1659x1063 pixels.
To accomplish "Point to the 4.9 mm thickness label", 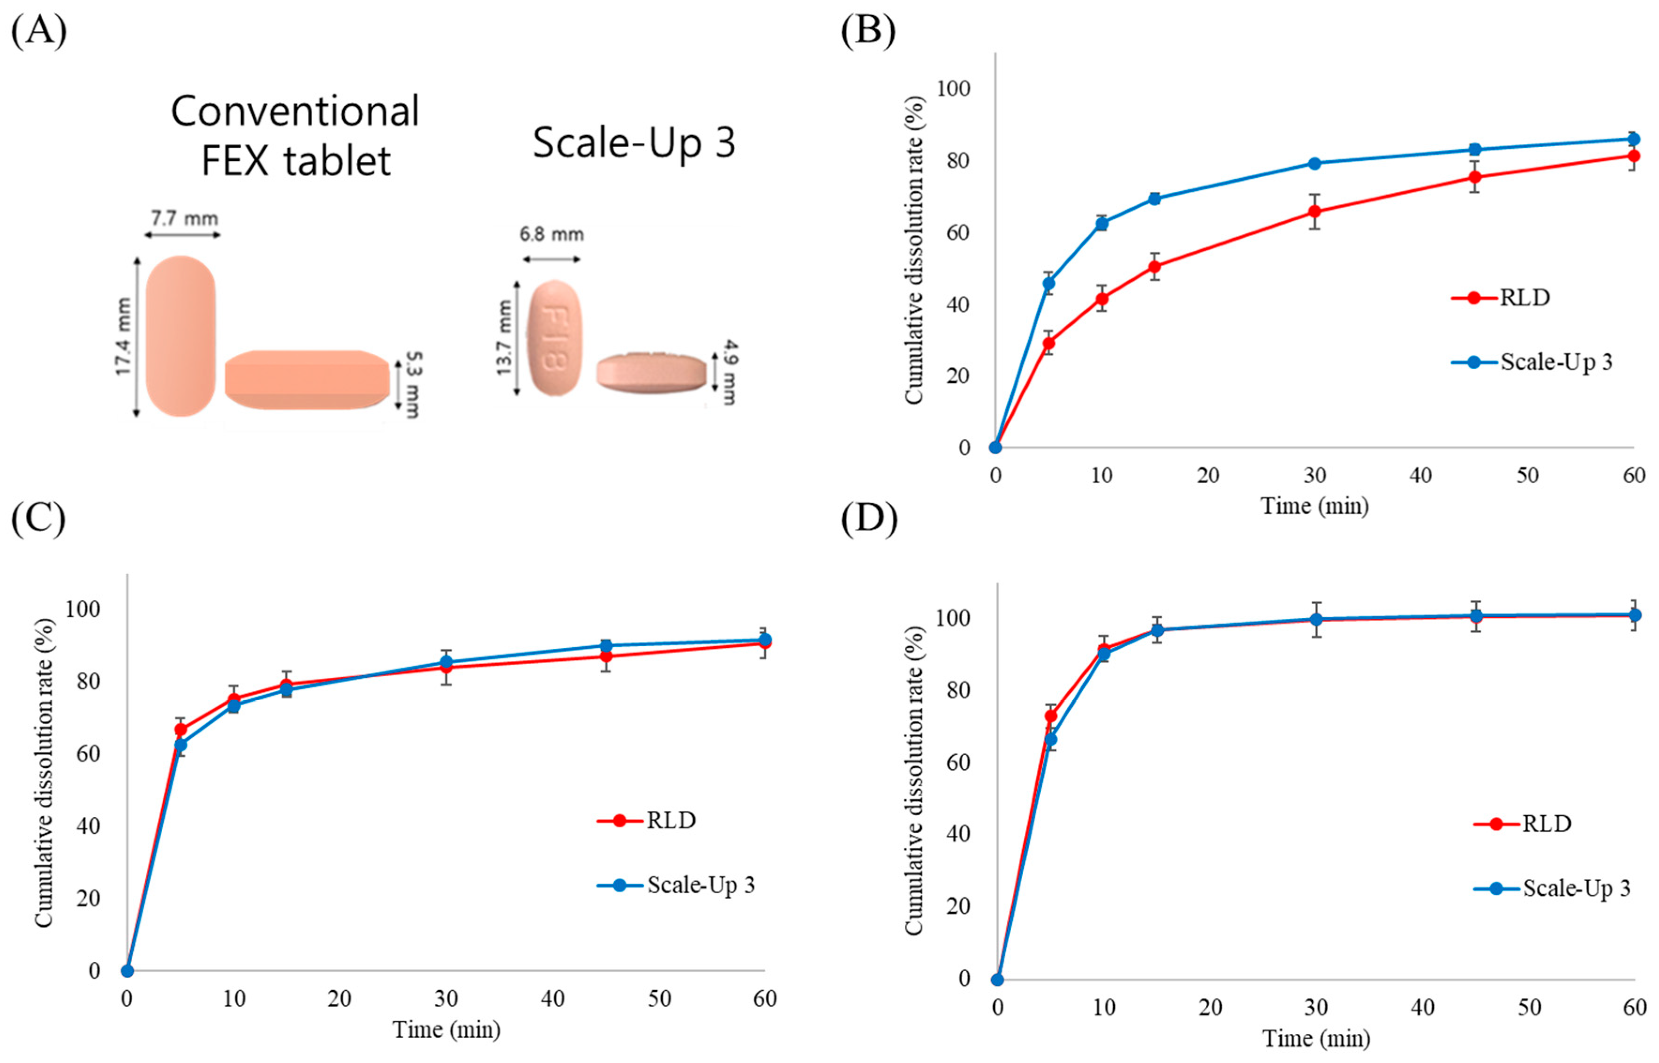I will [x=728, y=371].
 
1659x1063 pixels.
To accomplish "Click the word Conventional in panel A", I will [x=295, y=111].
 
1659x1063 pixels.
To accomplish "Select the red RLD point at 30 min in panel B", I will [x=1314, y=211].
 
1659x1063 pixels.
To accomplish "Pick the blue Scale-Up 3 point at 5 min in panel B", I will [x=1048, y=283].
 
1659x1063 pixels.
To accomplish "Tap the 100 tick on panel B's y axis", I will [x=953, y=89].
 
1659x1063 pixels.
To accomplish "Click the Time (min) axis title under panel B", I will [x=1314, y=506].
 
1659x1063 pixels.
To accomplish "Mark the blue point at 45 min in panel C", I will [x=605, y=646].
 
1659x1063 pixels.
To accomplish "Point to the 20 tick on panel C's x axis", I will [x=339, y=999].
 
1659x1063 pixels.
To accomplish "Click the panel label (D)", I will [x=868, y=518].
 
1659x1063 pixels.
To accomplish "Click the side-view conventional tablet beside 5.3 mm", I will [x=307, y=380].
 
